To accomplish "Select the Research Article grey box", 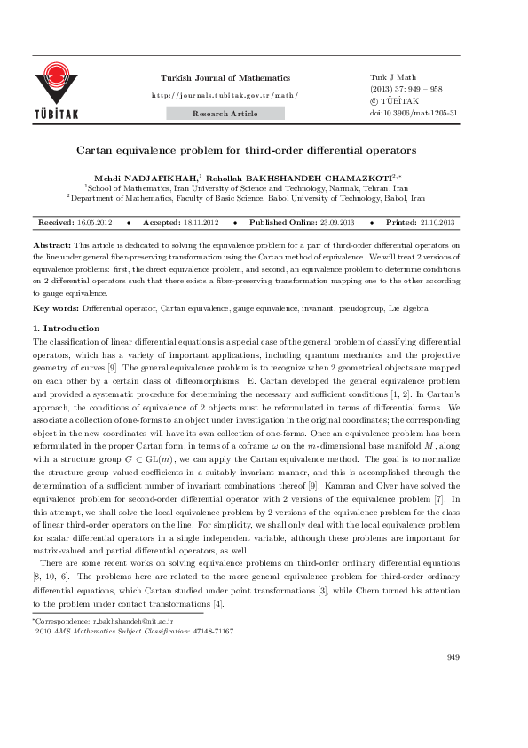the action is [x=225, y=114].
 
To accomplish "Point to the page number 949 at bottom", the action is [x=453, y=681].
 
